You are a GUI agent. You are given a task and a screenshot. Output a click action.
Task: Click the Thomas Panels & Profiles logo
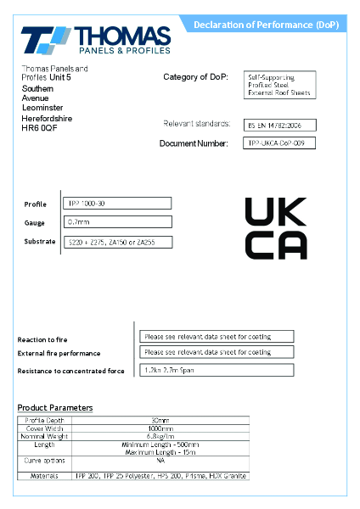point(95,41)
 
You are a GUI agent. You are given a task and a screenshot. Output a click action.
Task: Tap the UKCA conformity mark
point(276,227)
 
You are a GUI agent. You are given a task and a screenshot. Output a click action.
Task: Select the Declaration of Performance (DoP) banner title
point(266,25)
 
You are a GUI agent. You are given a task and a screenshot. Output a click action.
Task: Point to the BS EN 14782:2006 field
point(273,125)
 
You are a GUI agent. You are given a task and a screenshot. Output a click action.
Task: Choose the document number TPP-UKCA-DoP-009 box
point(280,143)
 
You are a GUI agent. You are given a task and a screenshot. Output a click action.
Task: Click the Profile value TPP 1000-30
point(118,204)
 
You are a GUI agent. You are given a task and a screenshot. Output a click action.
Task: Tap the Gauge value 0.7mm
point(118,222)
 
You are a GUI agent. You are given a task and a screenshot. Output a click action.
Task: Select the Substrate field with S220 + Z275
point(118,243)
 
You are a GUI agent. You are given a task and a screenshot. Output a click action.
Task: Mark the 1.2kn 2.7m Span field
point(217,370)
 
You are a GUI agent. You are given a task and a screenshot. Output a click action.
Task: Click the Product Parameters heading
point(55,408)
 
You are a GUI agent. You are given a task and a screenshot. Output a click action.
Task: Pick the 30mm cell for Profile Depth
point(160,420)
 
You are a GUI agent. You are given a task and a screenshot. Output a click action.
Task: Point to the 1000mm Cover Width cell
point(160,428)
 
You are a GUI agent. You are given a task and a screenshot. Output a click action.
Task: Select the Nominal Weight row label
point(44,436)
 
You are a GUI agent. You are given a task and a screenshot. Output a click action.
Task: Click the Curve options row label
point(44,461)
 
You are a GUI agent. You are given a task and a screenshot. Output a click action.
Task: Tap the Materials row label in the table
point(44,476)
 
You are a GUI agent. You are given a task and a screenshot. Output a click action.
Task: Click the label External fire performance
point(59,354)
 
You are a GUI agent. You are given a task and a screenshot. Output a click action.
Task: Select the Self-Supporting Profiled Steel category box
point(279,84)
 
